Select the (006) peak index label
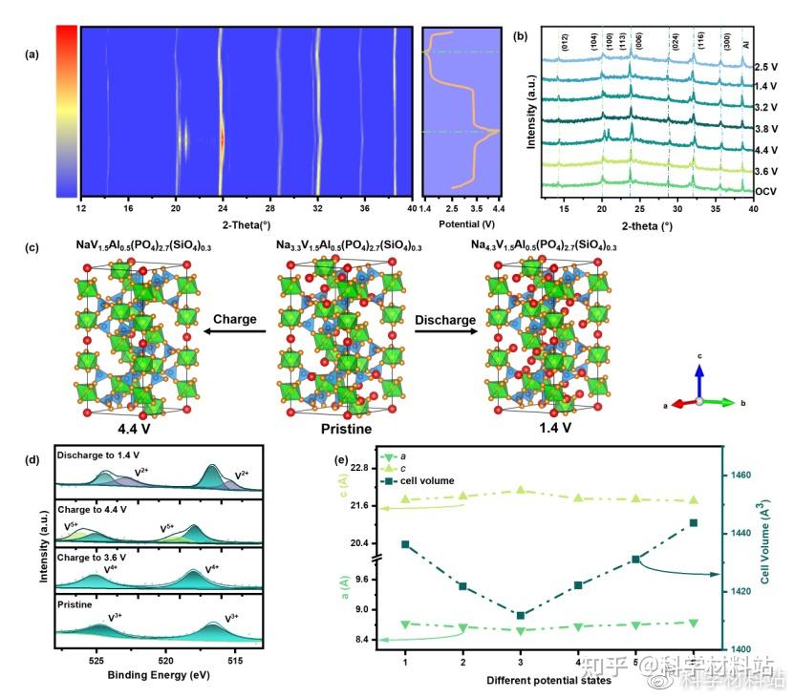coord(637,41)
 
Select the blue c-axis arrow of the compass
coord(699,379)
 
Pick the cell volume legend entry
coord(428,481)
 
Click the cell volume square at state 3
coord(521,615)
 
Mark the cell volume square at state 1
coord(405,544)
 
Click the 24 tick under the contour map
coord(222,207)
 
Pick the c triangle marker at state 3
coord(521,490)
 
